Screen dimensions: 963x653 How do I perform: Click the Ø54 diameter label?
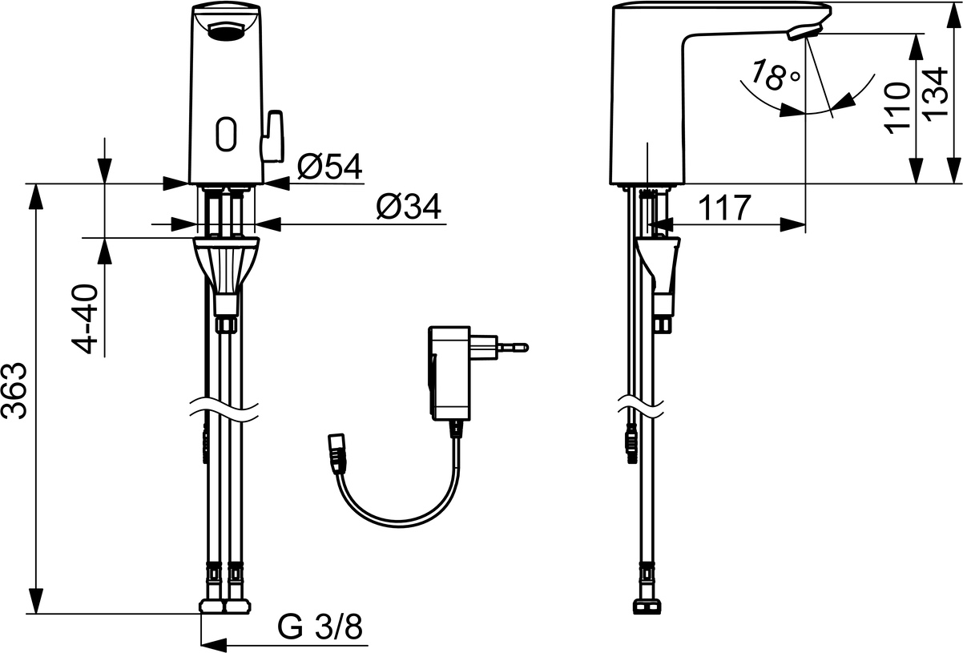(330, 167)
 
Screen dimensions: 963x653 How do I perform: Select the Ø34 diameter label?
(409, 207)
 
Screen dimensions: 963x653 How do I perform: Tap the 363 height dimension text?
(15, 391)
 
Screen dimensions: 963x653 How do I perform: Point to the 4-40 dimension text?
(85, 319)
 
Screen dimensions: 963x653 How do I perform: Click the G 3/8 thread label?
(320, 627)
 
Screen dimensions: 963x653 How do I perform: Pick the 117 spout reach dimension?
(724, 208)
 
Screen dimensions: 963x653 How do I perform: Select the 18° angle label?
(773, 76)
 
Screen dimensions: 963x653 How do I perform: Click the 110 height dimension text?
(897, 108)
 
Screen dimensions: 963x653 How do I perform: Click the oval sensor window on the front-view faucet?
(226, 134)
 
